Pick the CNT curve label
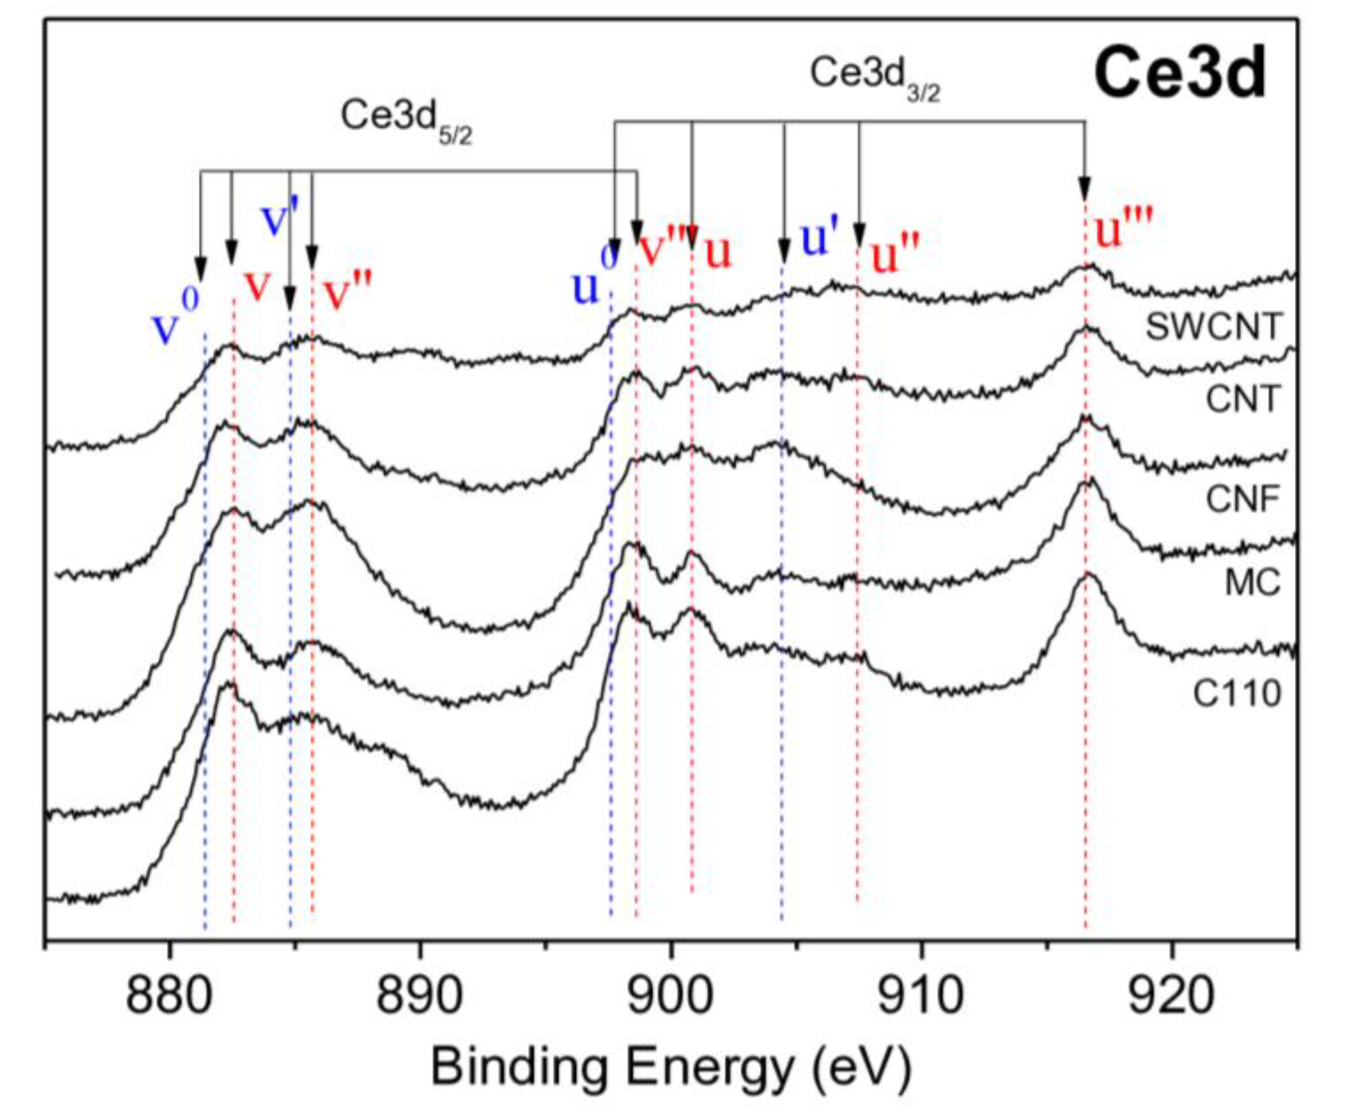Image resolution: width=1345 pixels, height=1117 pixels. click(x=1242, y=399)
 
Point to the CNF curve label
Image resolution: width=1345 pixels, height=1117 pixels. click(x=1242, y=499)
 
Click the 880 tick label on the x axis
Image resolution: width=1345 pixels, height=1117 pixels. click(x=169, y=998)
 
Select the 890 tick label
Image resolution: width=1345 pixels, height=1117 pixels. click(x=419, y=998)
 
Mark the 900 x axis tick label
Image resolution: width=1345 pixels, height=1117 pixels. click(x=670, y=998)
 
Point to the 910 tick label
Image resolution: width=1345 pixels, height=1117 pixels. click(x=921, y=998)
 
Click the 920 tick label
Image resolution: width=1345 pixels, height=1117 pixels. click(x=1172, y=998)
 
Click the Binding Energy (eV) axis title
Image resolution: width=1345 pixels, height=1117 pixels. click(x=670, y=1067)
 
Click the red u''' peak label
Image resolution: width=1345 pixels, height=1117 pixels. click(x=1123, y=229)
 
